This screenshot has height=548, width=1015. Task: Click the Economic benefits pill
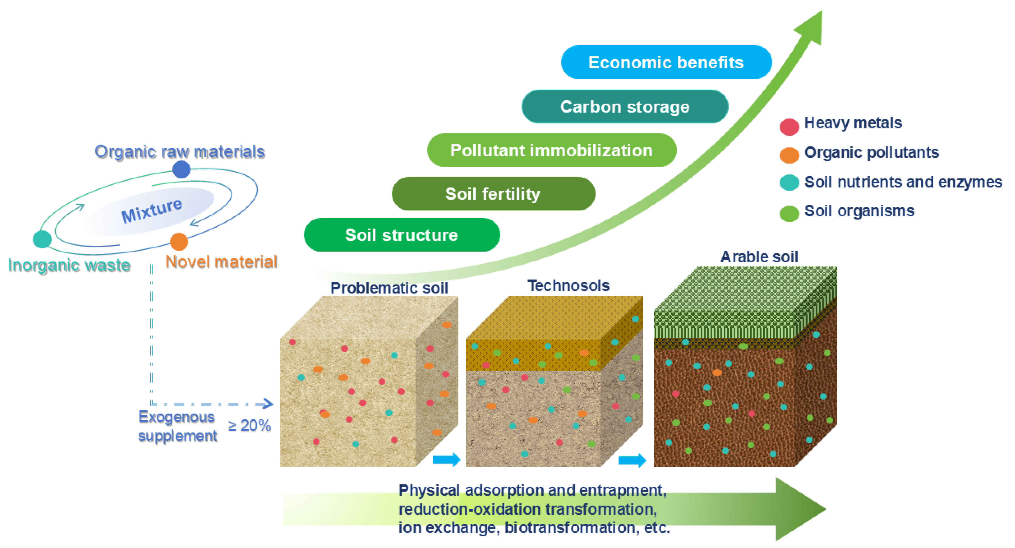[x=666, y=62]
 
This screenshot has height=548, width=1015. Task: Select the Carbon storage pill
[x=625, y=107]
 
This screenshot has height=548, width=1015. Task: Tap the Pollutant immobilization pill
[x=552, y=150]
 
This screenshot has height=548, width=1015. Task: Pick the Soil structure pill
[x=402, y=235]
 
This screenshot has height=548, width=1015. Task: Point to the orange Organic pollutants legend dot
[x=789, y=155]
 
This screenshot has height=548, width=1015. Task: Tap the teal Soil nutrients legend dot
[x=789, y=183]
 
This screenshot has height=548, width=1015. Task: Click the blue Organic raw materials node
[x=181, y=169]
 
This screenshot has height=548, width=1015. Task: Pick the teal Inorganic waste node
[x=42, y=239]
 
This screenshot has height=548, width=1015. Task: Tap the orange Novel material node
[x=179, y=241]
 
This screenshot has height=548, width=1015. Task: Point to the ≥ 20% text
[x=249, y=426]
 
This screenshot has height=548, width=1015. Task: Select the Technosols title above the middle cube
[x=568, y=285]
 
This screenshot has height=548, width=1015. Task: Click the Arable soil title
[x=759, y=257]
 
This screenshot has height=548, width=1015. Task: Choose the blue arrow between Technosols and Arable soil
[x=632, y=460]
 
